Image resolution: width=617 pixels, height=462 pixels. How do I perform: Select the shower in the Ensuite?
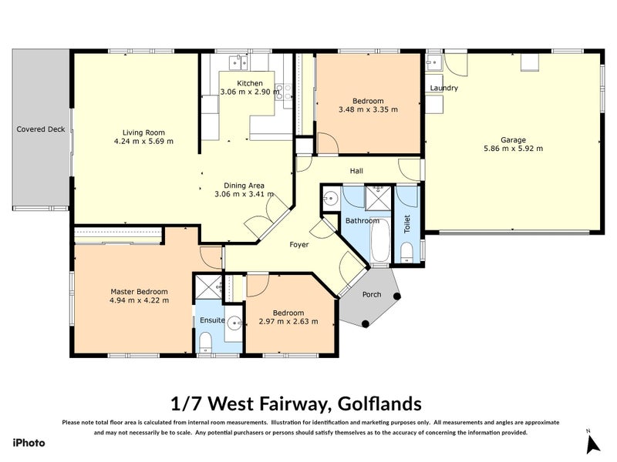(x=207, y=288)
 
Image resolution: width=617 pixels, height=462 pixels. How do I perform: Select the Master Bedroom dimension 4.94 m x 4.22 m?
(x=139, y=300)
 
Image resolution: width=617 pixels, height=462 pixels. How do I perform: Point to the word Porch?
(x=372, y=294)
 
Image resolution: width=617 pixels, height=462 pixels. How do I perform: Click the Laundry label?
(x=444, y=89)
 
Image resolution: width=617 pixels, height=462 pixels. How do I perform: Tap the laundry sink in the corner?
(x=433, y=61)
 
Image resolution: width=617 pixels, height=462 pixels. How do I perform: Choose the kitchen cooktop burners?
(x=287, y=92)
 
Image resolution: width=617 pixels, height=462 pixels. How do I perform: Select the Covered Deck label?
(x=41, y=129)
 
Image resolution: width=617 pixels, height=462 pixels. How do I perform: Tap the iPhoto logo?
(x=29, y=443)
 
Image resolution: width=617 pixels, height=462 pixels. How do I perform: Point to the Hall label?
(x=356, y=171)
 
